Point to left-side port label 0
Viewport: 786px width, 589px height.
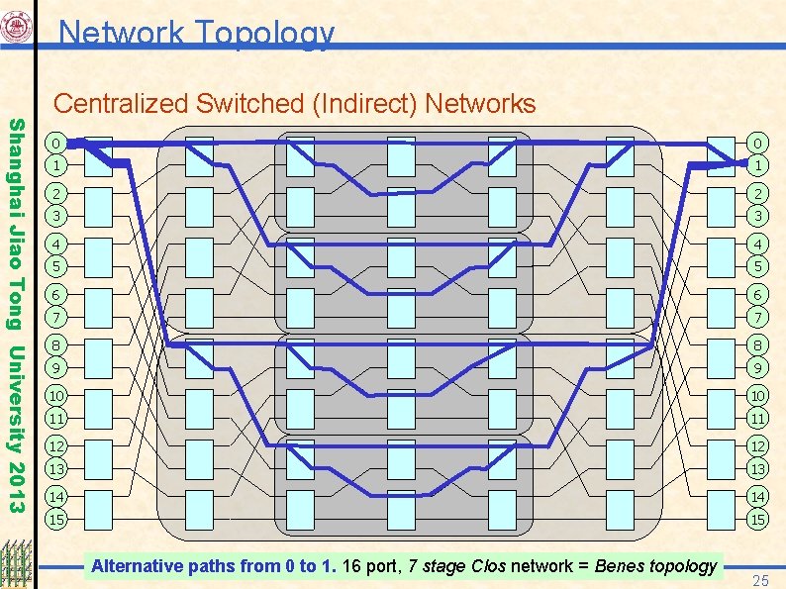(59, 142)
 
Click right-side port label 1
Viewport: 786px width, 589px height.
(756, 163)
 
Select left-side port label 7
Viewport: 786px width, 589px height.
(59, 316)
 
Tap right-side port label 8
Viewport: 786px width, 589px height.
(756, 345)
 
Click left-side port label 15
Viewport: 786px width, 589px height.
(59, 519)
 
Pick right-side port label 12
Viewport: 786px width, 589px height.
(756, 446)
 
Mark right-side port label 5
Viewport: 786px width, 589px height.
(756, 265)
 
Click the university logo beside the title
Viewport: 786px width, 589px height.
(19, 29)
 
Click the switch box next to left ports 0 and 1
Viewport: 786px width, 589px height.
(98, 152)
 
